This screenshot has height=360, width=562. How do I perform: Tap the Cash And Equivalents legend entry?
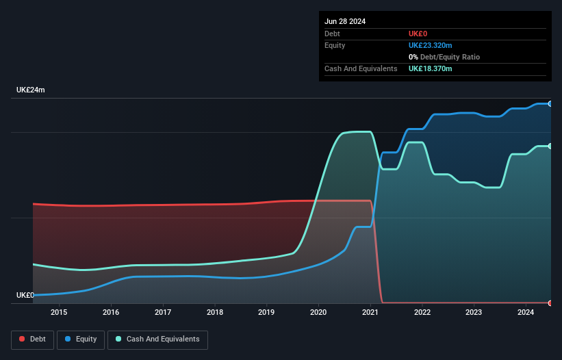(x=157, y=339)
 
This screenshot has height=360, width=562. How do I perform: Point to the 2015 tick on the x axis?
(x=59, y=313)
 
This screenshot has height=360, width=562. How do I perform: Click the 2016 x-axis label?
(x=111, y=313)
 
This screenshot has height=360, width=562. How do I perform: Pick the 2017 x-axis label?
(x=163, y=313)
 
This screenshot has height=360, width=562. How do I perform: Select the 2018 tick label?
(x=215, y=313)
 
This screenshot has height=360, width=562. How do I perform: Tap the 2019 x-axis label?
(x=267, y=313)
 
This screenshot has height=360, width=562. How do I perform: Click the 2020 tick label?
(x=318, y=313)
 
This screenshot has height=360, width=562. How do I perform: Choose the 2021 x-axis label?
(x=370, y=313)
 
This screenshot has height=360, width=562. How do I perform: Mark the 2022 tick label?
(x=422, y=313)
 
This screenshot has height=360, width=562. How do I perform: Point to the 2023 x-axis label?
(x=474, y=313)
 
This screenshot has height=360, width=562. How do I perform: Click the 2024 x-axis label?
(x=526, y=313)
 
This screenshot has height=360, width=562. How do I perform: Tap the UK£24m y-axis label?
(x=31, y=90)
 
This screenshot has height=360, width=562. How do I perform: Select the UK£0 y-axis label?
(x=25, y=295)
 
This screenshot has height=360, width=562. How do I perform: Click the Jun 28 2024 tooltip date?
(x=345, y=21)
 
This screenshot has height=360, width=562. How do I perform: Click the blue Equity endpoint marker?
(x=550, y=103)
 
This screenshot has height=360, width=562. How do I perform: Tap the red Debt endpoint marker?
(x=550, y=303)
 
